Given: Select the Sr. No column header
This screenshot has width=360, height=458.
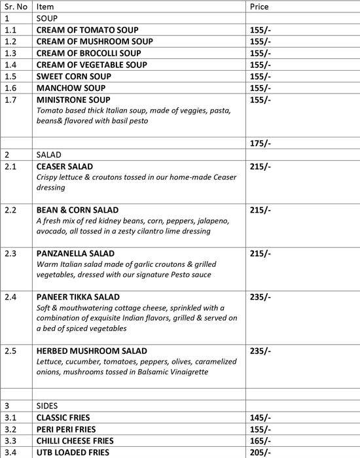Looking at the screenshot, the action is click(16, 7).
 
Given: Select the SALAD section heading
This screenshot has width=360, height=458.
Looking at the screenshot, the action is click(49, 155).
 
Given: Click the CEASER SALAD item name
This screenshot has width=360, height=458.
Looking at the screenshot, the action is click(65, 167).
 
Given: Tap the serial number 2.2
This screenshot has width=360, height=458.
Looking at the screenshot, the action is click(10, 210).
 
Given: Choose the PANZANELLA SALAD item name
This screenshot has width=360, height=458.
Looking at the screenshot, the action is click(75, 253).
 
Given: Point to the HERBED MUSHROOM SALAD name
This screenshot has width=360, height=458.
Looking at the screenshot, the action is click(92, 351).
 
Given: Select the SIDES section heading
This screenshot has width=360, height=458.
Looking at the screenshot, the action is click(48, 405).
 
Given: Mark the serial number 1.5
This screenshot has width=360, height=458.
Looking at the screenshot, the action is click(10, 77).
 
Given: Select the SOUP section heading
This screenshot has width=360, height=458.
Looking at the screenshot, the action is click(48, 18).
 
